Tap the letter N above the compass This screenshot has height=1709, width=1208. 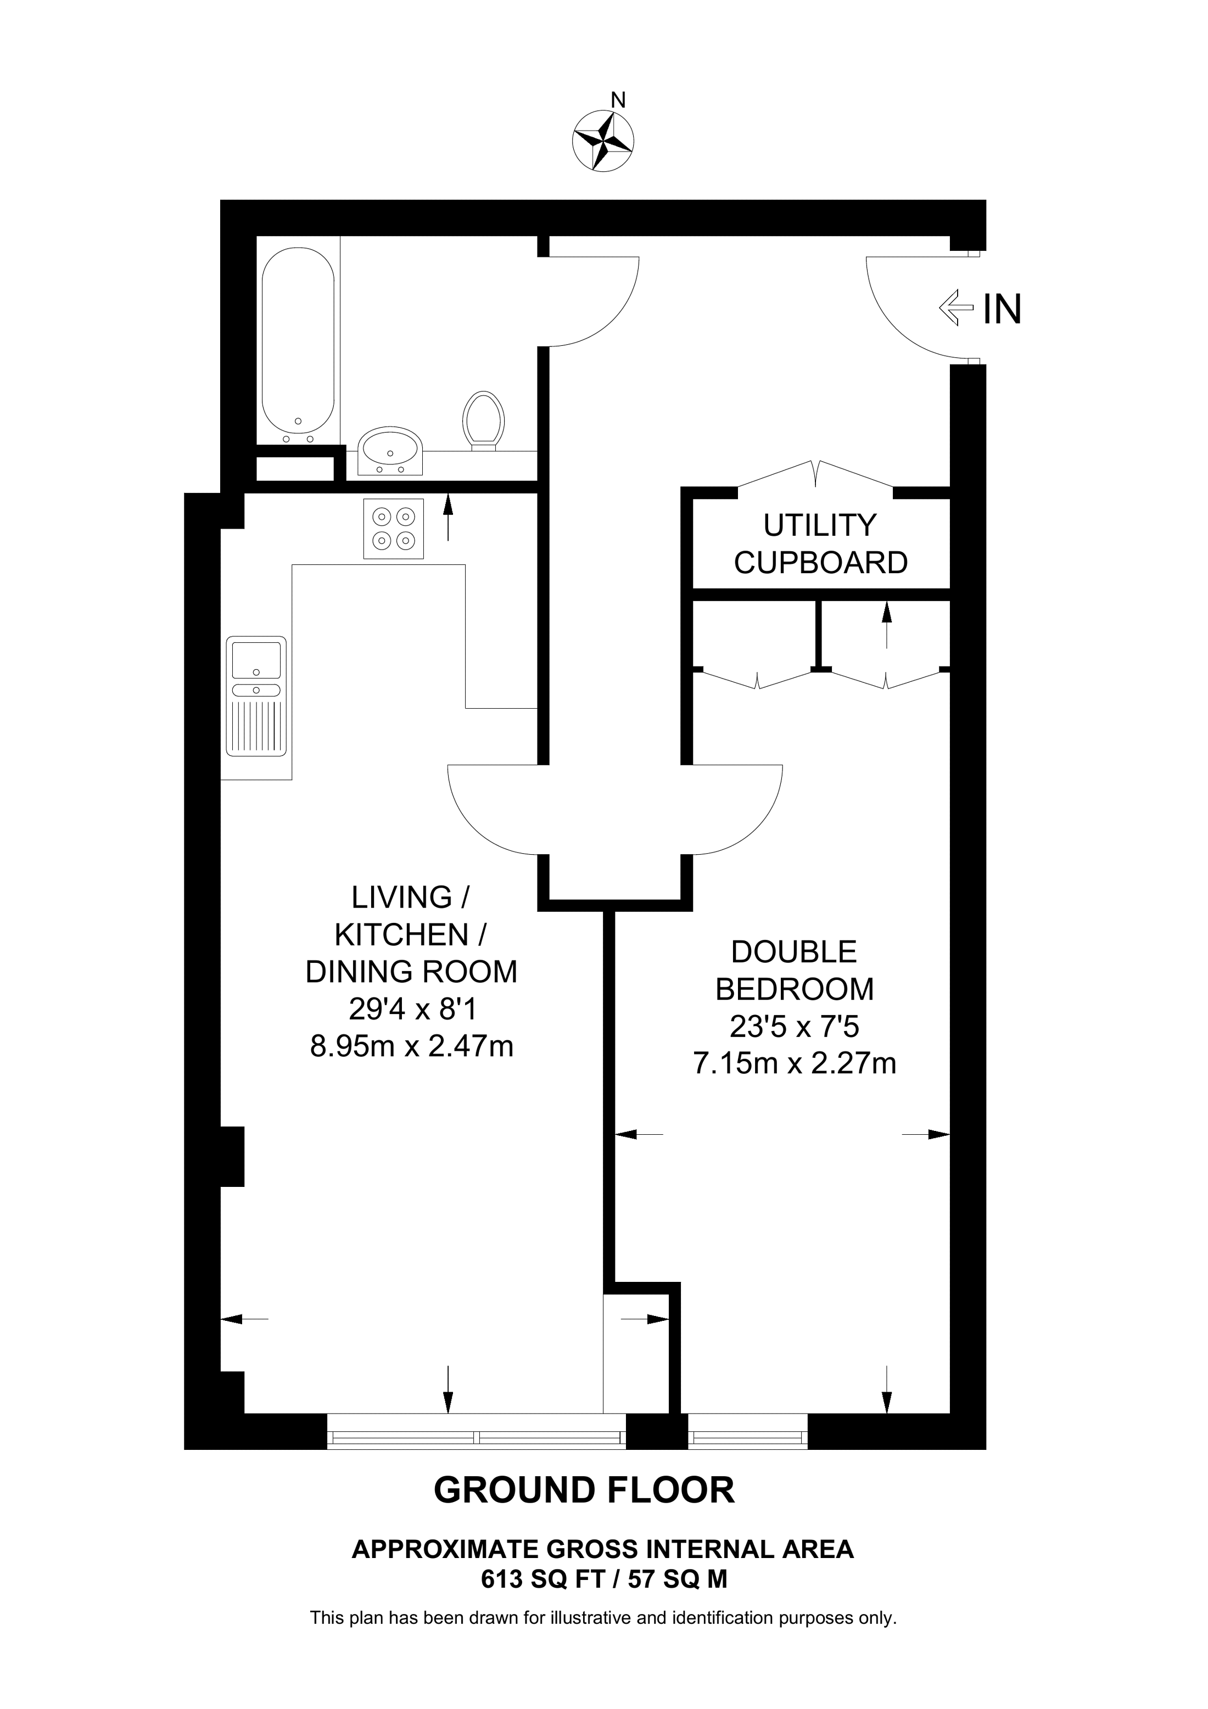coord(618,100)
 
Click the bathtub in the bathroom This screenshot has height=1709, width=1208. coord(298,340)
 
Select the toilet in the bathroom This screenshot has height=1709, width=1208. coord(484,421)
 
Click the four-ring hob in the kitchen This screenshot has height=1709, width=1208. coord(394,529)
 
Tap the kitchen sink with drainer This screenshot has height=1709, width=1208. coord(256,696)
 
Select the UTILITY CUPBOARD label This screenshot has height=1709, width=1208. coord(821,544)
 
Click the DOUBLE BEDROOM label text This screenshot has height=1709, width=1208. coord(794,970)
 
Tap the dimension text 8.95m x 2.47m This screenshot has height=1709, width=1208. coord(412,1046)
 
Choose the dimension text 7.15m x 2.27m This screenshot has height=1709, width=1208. coord(794,1063)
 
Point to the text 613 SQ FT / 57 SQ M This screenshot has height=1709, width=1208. coord(603,1579)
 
